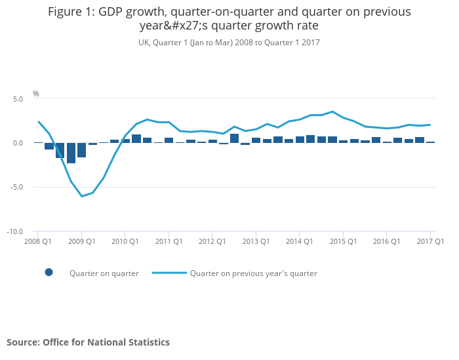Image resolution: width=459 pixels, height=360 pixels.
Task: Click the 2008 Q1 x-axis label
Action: tap(38, 241)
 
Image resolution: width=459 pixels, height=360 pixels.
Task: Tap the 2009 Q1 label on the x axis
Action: tap(82, 241)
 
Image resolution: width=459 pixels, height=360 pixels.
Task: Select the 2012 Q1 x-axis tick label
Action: tap(212, 241)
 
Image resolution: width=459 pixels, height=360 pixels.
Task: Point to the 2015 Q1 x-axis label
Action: tap(343, 241)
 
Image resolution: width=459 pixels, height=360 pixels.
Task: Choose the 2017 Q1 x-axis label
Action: tap(431, 241)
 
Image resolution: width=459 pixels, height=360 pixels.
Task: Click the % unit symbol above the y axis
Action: tap(36, 94)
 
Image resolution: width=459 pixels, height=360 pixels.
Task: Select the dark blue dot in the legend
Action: tap(49, 273)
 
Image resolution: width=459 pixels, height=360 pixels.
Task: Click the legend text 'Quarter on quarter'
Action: tap(104, 273)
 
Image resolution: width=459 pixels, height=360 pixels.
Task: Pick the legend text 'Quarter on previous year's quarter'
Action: tap(254, 273)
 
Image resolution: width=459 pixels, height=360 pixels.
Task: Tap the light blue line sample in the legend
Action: tap(169, 273)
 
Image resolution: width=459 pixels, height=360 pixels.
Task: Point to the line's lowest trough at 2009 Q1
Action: tap(82, 196)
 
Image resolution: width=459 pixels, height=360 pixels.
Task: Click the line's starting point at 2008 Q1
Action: tap(38, 121)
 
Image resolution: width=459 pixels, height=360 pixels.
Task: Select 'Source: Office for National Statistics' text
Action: tap(88, 342)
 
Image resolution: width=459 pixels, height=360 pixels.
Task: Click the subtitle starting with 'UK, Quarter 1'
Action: tap(229, 43)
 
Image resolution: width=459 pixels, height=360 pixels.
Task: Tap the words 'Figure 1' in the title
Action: tap(70, 12)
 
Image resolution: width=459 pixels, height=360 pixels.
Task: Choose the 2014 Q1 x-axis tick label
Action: tap(300, 241)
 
